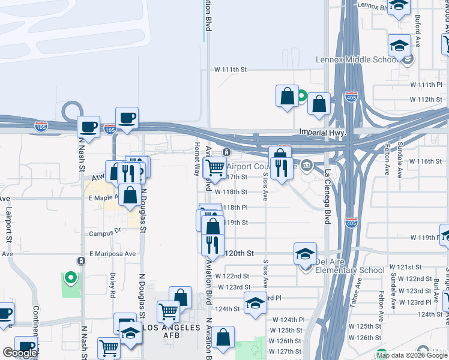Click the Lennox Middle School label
[x=356, y=60]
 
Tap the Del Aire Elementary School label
[x=349, y=270]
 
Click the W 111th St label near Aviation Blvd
[x=231, y=70]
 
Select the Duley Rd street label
[x=112, y=285]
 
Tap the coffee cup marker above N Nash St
[x=89, y=127]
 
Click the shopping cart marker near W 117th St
[x=214, y=167]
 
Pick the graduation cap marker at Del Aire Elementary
[x=305, y=254]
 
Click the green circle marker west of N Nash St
[x=71, y=277]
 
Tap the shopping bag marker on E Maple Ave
[x=130, y=195]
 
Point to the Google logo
[x=19, y=353]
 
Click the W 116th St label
[x=425, y=161]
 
